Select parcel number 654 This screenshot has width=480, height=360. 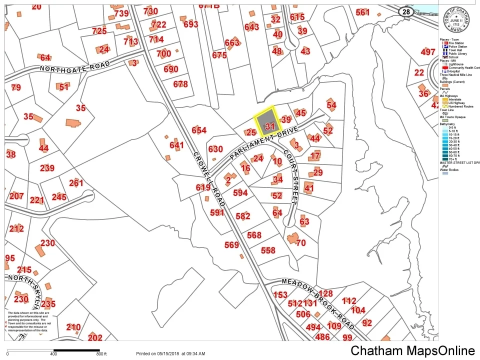click(x=199, y=130)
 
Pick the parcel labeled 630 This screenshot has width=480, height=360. click(x=215, y=149)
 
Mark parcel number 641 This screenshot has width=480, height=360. click(x=176, y=145)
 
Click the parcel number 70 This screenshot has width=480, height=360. click(x=300, y=243)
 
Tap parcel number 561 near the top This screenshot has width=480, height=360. click(x=362, y=12)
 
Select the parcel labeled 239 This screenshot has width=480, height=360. click(x=47, y=168)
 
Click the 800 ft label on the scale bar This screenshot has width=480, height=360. click(x=101, y=354)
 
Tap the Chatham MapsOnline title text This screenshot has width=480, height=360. click(x=412, y=351)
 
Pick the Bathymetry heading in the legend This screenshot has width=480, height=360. click(x=448, y=123)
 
